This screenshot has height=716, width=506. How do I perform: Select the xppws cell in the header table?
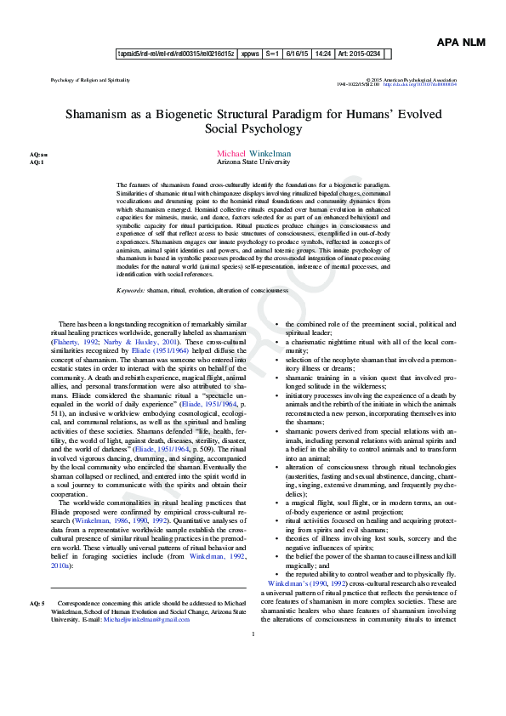pos(250,53)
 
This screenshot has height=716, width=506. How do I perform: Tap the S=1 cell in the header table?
pos(273,53)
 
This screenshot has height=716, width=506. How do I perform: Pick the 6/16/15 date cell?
pos(294,53)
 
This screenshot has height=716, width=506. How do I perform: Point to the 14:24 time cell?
pos(322,53)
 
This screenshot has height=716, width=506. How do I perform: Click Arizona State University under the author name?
pos(253,162)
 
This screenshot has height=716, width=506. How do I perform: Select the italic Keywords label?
pos(130,291)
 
